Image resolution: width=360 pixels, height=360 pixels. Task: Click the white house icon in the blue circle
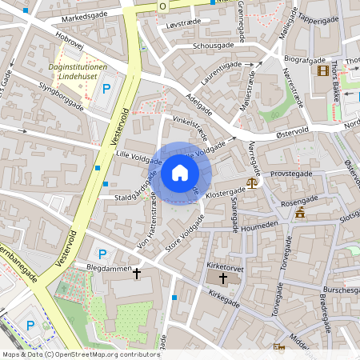tap(179, 173)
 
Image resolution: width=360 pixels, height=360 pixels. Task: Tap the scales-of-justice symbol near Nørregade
tap(253, 182)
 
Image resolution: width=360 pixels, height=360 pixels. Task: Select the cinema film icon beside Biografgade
tap(322, 71)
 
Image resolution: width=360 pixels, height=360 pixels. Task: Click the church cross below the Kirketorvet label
tap(222, 280)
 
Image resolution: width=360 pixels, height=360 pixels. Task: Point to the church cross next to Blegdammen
tap(137, 274)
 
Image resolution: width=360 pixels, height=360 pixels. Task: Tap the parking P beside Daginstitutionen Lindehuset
tap(106, 89)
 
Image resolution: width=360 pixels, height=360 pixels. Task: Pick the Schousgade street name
tap(213, 46)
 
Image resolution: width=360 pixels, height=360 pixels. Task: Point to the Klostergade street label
tap(225, 193)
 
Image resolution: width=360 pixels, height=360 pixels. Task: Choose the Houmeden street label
tap(258, 226)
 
